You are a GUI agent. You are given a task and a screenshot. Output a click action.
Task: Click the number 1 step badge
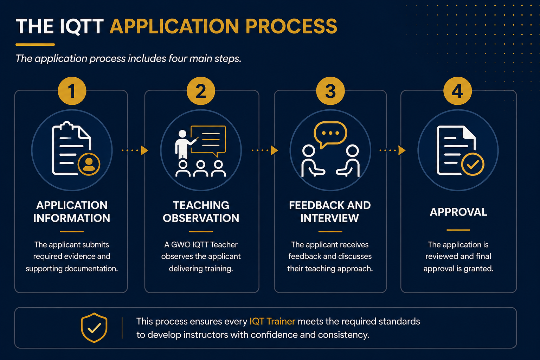coord(72,91)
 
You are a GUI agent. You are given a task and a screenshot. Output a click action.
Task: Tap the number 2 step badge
coord(201,91)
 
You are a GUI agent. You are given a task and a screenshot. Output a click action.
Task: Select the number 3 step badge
coord(330,91)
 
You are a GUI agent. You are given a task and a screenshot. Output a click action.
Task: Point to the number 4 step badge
coord(457,91)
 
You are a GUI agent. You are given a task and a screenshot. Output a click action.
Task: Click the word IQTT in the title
coord(82,26)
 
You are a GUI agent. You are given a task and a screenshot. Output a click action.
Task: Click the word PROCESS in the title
coord(291,26)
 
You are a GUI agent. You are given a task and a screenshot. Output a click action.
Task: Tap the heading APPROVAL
coord(458,212)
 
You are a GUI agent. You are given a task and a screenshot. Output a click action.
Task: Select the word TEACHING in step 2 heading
coord(201,205)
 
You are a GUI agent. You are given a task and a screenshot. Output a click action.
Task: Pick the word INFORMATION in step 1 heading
coord(72,218)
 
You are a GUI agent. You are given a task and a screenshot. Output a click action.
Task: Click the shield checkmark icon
coord(94,328)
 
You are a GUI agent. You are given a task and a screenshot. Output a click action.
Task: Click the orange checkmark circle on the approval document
coord(472,164)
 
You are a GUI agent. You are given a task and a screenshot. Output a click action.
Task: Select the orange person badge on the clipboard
coord(89,164)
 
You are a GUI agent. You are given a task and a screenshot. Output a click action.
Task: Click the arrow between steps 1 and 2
coord(135,150)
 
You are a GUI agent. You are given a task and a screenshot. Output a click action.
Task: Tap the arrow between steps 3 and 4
coord(392,150)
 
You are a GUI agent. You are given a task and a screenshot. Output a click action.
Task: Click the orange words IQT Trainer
coord(272,321)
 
